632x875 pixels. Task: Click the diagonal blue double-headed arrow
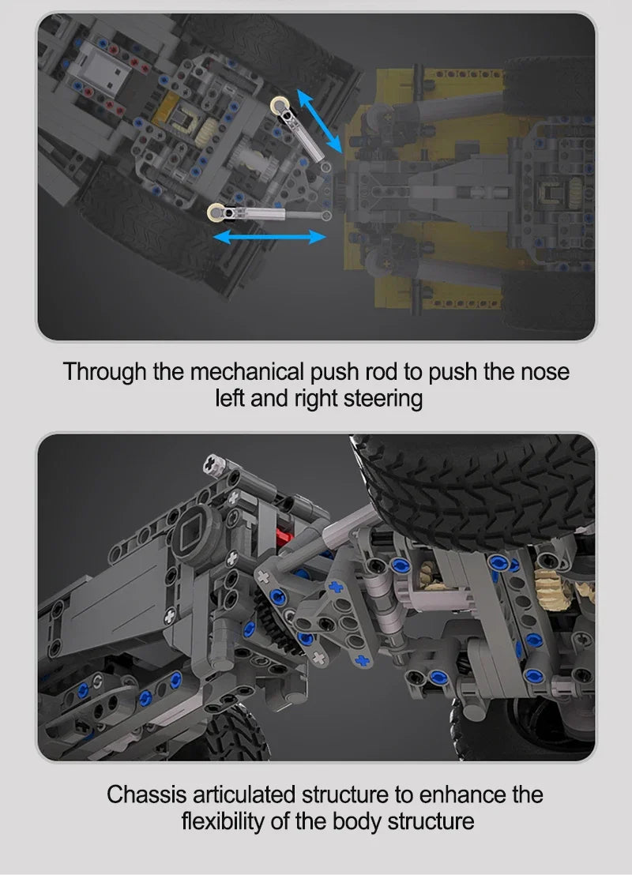coord(319,121)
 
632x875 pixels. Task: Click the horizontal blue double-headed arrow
coord(269,237)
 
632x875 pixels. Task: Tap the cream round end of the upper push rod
coord(280,105)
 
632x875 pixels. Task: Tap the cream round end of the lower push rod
coord(216,212)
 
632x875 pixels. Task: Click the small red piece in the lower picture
coord(284,538)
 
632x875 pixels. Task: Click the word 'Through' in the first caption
coord(104,372)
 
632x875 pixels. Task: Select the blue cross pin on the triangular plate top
coord(335,587)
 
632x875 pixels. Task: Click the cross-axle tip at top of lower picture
coord(213,464)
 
